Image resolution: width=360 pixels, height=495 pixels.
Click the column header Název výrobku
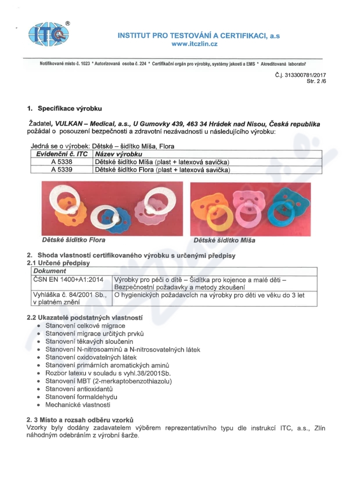[x=115, y=154]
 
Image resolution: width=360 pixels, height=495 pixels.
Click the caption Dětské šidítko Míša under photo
[x=224, y=240]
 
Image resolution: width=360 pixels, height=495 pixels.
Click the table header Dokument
[x=50, y=271]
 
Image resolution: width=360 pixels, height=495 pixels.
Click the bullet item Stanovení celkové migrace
[x=85, y=325]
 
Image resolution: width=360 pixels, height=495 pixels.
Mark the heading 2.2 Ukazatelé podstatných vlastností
[x=85, y=317]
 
